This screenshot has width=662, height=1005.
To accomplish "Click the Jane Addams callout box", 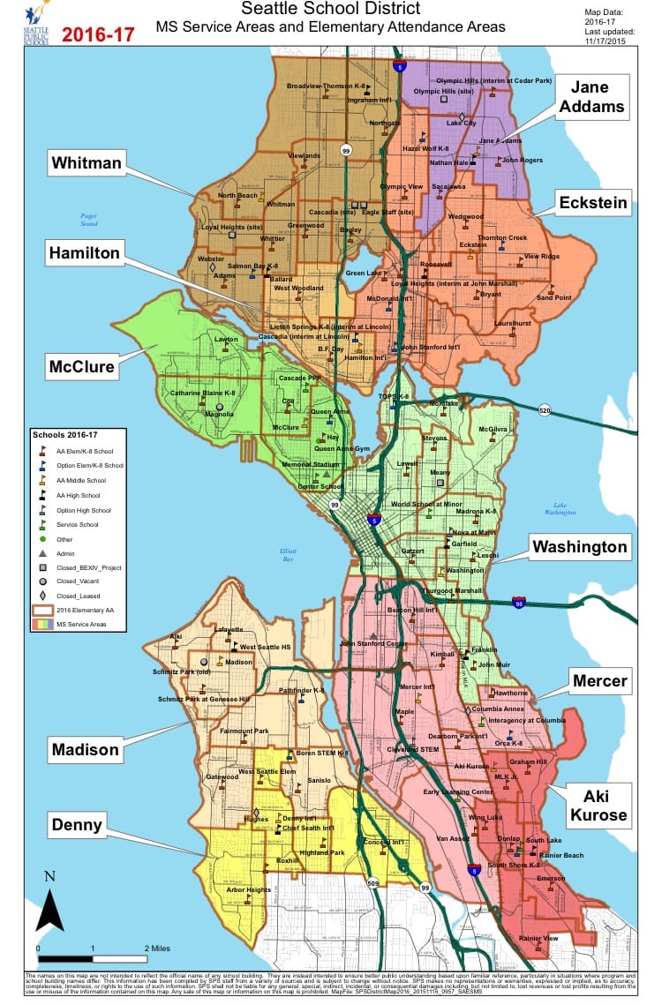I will click(x=597, y=97).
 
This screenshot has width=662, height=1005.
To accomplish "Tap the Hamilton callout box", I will click(x=84, y=253).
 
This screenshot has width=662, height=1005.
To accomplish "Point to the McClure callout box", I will click(x=82, y=366).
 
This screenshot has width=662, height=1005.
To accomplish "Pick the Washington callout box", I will click(x=579, y=546).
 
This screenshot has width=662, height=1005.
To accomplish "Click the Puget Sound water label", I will click(x=88, y=221).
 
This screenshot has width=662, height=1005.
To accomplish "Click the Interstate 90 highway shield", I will click(x=519, y=602).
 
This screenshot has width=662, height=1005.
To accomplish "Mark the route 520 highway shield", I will click(x=544, y=412).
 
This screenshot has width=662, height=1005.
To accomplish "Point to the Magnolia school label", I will click(x=218, y=414).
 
